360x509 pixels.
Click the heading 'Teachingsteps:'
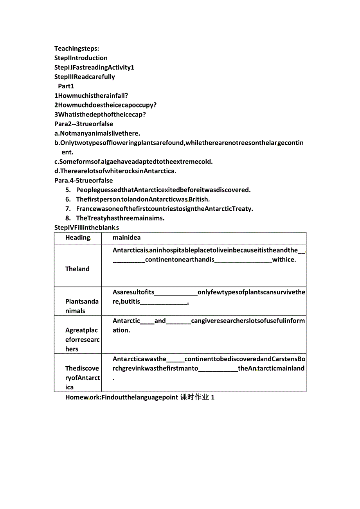click(77, 48)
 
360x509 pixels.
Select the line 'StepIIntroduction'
click(81, 58)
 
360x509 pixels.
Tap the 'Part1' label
click(66, 86)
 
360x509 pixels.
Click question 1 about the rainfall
click(91, 95)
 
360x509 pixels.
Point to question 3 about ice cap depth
click(100, 115)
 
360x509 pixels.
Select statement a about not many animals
click(97, 133)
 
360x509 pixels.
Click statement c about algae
click(133, 161)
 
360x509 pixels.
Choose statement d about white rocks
click(115, 171)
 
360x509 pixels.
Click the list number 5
click(68, 190)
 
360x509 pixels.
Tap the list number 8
click(68, 218)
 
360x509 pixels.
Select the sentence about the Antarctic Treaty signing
click(164, 209)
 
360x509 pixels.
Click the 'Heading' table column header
click(78, 238)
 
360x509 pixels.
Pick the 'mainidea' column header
click(126, 238)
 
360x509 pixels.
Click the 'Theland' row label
click(77, 269)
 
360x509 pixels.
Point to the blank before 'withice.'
click(243, 260)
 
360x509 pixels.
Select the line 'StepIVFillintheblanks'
click(86, 228)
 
